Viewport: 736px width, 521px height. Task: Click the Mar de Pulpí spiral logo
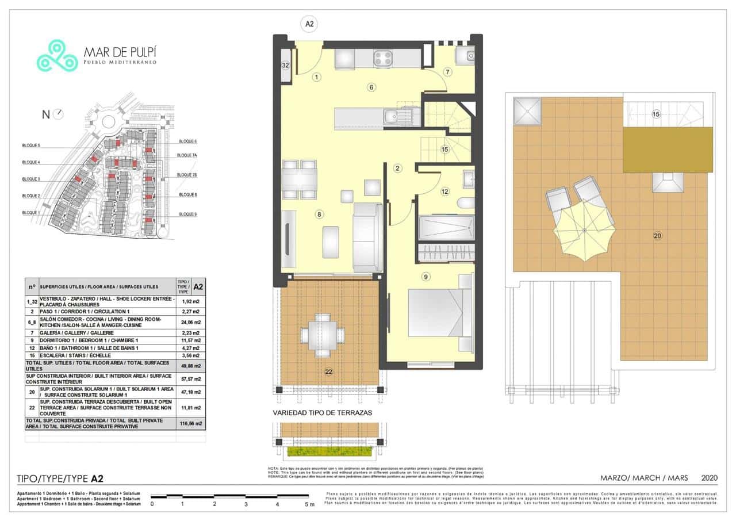pos(57,56)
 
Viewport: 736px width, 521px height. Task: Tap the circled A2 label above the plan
pos(309,24)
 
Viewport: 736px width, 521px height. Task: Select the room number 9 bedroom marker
pos(425,277)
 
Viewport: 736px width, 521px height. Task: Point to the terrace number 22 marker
pos(329,371)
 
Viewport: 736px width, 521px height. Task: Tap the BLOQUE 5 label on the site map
pos(31,145)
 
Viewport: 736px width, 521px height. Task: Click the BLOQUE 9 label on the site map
pos(188,214)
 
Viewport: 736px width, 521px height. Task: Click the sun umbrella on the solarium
pos(584,230)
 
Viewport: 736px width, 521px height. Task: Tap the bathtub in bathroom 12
pos(446,228)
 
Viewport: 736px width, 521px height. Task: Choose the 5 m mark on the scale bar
pos(309,504)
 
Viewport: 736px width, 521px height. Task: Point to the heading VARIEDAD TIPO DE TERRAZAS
pos(322,413)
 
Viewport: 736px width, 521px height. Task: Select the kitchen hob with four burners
pos(383,58)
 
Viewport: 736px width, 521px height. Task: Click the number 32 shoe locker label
pos(285,66)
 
